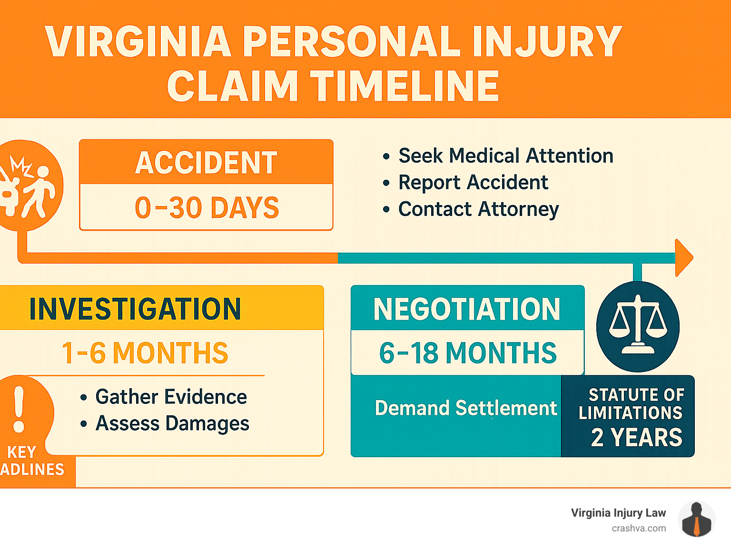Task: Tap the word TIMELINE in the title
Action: coord(405,86)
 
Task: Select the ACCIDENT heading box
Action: coord(206,162)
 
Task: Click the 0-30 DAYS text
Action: coord(207,208)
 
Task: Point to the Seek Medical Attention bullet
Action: coord(505,156)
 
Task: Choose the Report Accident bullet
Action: coord(473,182)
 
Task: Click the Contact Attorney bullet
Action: coord(478,209)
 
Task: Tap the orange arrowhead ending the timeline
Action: coord(683,257)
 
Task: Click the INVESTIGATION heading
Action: coord(135,309)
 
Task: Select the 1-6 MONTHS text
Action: coord(145,353)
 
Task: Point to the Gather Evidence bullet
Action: coord(171,397)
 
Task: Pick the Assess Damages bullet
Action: coord(172,423)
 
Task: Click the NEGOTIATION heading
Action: coord(467,309)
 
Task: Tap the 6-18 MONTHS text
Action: coord(468,353)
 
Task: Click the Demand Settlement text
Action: coord(466,408)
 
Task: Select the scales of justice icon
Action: coord(638,326)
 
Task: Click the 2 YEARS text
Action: coord(637,437)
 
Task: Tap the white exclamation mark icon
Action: coord(19,409)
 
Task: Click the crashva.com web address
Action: coord(639,528)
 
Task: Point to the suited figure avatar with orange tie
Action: coord(696,520)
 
